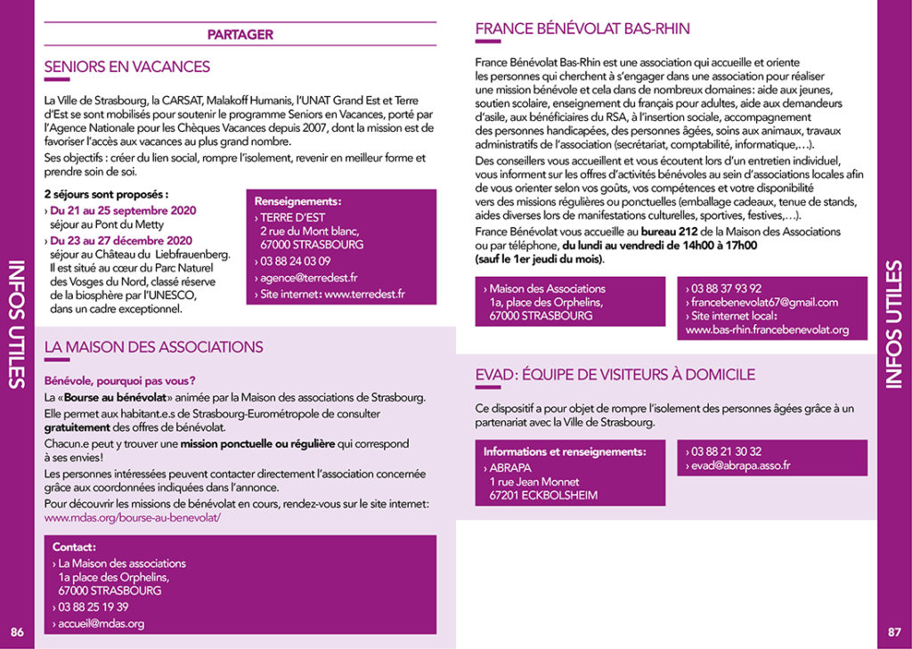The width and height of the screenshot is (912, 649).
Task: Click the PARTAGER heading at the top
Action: (240, 35)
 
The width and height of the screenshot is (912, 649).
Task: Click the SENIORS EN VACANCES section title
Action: (127, 67)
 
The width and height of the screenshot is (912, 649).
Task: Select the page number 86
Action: (17, 632)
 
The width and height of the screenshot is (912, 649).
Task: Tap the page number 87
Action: (894, 632)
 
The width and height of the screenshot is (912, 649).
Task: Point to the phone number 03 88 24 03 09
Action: (296, 261)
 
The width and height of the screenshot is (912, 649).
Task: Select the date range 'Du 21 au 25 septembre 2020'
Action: (123, 210)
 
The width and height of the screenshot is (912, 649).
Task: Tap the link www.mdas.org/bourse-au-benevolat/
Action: (133, 516)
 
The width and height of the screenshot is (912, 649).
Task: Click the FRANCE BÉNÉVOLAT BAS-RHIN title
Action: (582, 28)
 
